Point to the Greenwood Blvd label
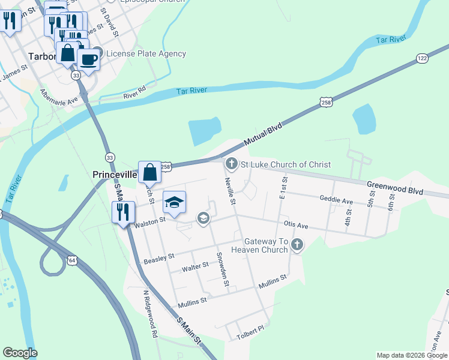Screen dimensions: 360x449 396,189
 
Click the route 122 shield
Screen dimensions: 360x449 423,58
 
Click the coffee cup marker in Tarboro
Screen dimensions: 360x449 89,59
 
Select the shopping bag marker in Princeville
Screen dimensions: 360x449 150,173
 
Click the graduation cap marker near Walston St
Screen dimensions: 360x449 174,203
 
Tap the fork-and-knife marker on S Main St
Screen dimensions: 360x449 123,212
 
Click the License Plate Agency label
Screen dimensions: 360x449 146,53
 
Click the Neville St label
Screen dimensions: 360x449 230,190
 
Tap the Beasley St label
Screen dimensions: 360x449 159,259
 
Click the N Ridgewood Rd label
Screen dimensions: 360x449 150,314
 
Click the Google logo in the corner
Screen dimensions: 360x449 20,353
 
